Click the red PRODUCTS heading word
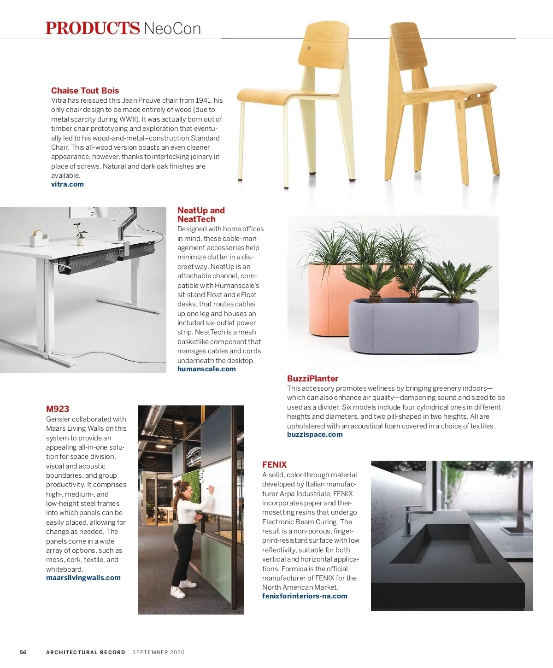click(x=92, y=28)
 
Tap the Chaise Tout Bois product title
click(x=85, y=91)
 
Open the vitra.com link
click(x=67, y=184)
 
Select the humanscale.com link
click(x=206, y=369)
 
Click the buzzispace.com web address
click(x=315, y=434)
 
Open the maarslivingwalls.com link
click(x=83, y=578)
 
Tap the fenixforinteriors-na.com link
click(x=305, y=596)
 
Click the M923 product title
click(x=58, y=409)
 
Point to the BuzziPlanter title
click(x=312, y=379)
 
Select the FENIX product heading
click(x=274, y=465)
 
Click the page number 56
click(x=23, y=652)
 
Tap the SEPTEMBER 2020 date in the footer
click(x=158, y=652)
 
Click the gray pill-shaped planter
click(x=413, y=326)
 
